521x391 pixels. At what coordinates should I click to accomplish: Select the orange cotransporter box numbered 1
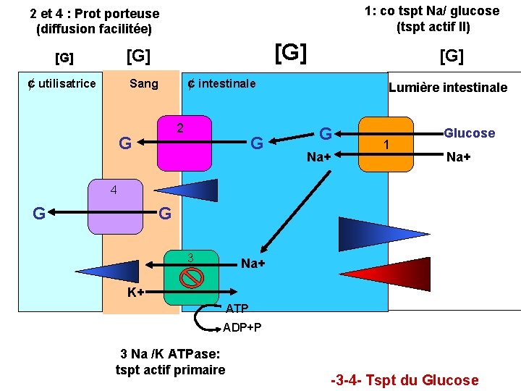click(386, 144)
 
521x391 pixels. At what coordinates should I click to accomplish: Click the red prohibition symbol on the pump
click(190, 277)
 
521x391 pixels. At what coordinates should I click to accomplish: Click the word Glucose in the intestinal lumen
click(469, 133)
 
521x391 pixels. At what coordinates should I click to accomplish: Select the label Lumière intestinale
click(448, 88)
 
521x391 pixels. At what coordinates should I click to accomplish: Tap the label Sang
click(143, 83)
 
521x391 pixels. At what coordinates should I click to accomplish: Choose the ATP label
click(237, 308)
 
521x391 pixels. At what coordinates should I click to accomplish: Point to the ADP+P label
click(242, 327)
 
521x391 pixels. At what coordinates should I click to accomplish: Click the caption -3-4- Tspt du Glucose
click(404, 380)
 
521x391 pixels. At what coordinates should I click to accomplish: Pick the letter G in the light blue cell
click(41, 213)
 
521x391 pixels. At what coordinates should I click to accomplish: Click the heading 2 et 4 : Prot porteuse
click(94, 14)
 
